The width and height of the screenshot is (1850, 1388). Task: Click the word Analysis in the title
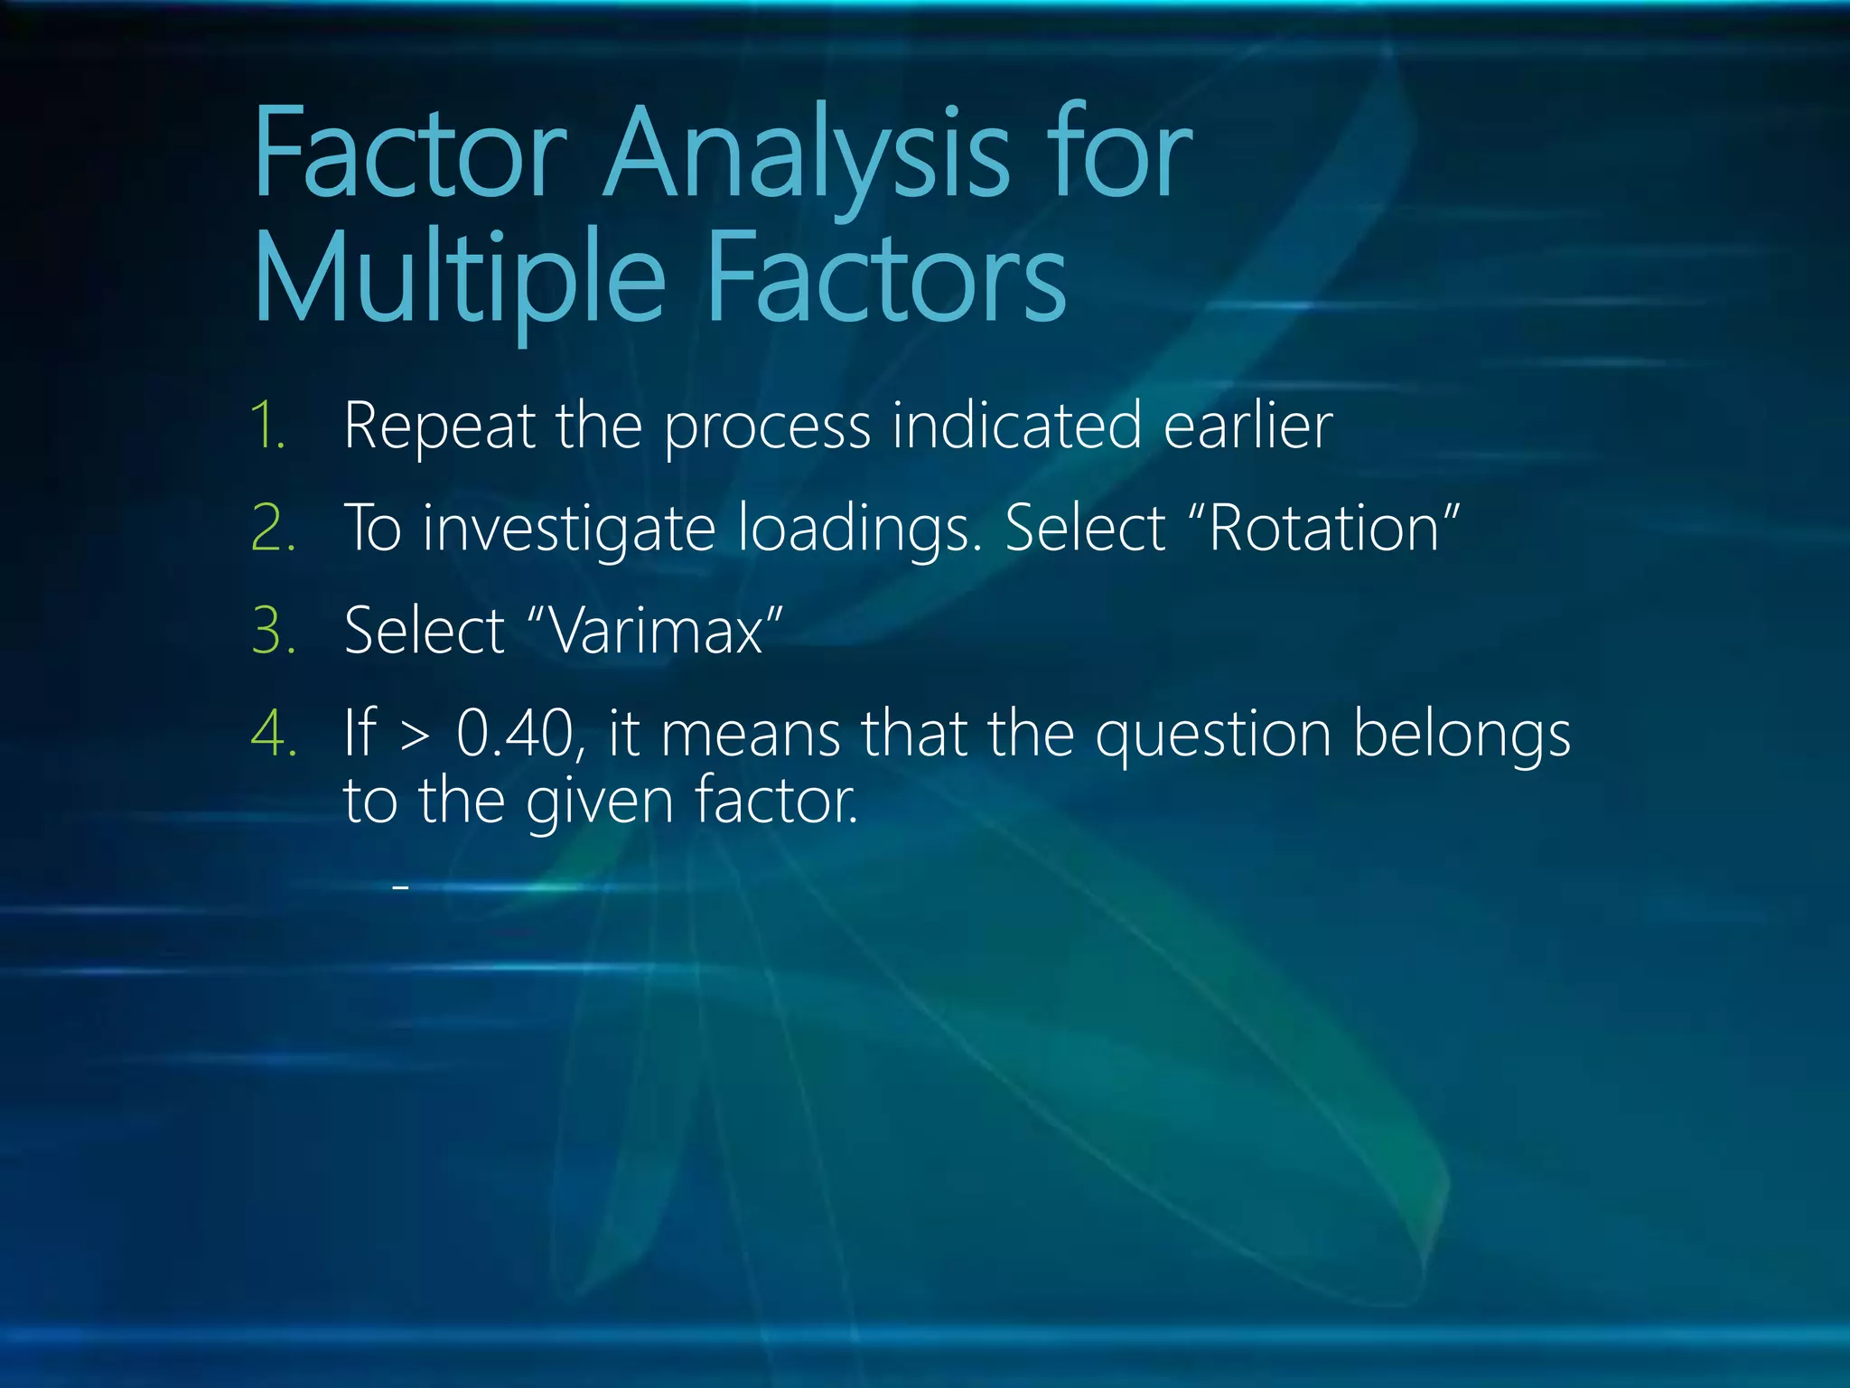click(x=807, y=154)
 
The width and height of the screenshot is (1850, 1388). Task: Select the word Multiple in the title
click(x=460, y=278)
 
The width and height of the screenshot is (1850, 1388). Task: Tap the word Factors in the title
click(x=886, y=278)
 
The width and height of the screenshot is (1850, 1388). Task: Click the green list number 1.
click(x=268, y=426)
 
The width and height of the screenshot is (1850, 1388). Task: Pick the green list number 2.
click(x=273, y=529)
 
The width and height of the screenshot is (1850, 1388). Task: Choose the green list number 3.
click(x=273, y=631)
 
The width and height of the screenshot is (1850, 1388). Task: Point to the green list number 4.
click(x=273, y=733)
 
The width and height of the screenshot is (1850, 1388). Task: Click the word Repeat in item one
click(x=440, y=426)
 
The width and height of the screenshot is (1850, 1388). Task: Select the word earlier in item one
click(x=1247, y=426)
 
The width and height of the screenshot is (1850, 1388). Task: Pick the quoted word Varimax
click(x=657, y=631)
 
